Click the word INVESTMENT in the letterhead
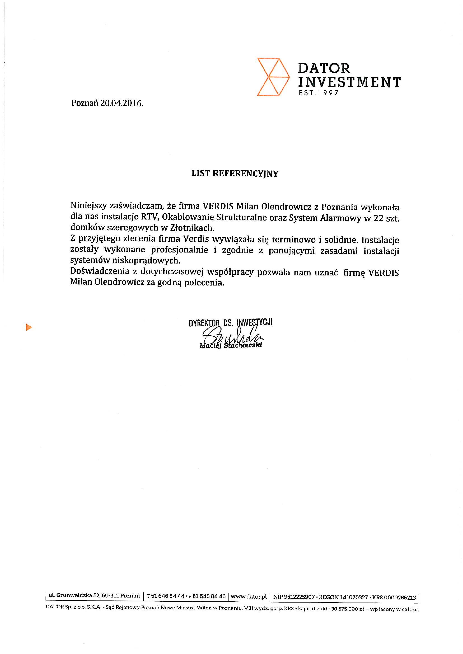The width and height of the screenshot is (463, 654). [x=349, y=82]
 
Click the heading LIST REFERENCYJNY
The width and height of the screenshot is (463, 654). [x=235, y=174]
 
